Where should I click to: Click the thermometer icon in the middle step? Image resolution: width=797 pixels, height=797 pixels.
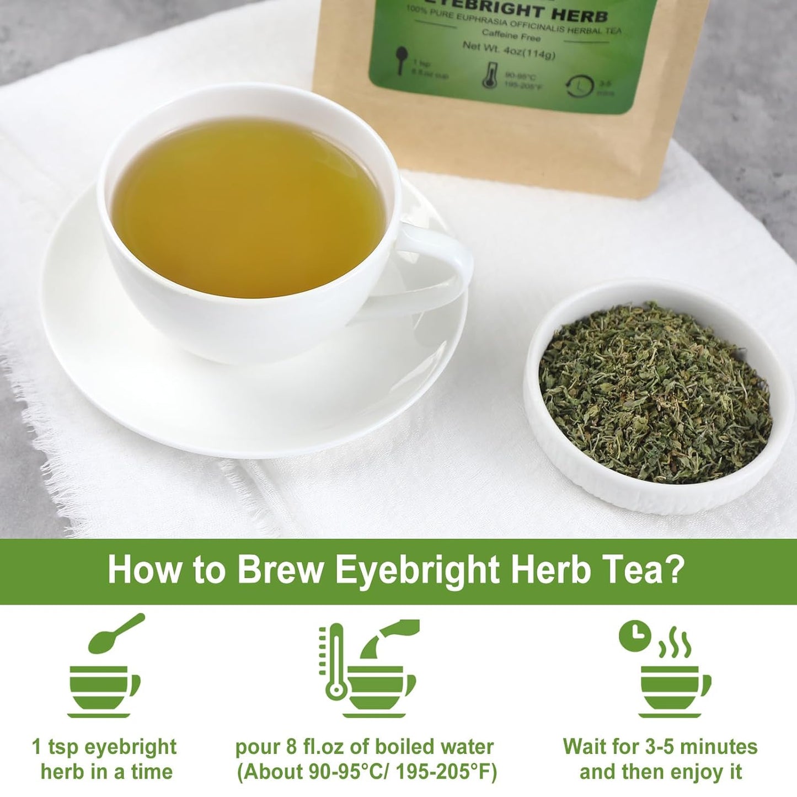(x=334, y=662)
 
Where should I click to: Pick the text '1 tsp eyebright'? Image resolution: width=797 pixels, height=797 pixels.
(x=104, y=747)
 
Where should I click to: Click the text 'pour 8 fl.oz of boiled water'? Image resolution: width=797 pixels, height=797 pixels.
(x=364, y=747)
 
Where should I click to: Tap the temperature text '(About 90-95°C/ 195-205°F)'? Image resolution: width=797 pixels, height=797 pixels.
(x=367, y=772)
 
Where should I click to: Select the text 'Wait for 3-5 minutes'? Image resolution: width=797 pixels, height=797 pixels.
(x=660, y=747)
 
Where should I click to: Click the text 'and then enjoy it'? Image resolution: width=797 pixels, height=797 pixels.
(x=660, y=772)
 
